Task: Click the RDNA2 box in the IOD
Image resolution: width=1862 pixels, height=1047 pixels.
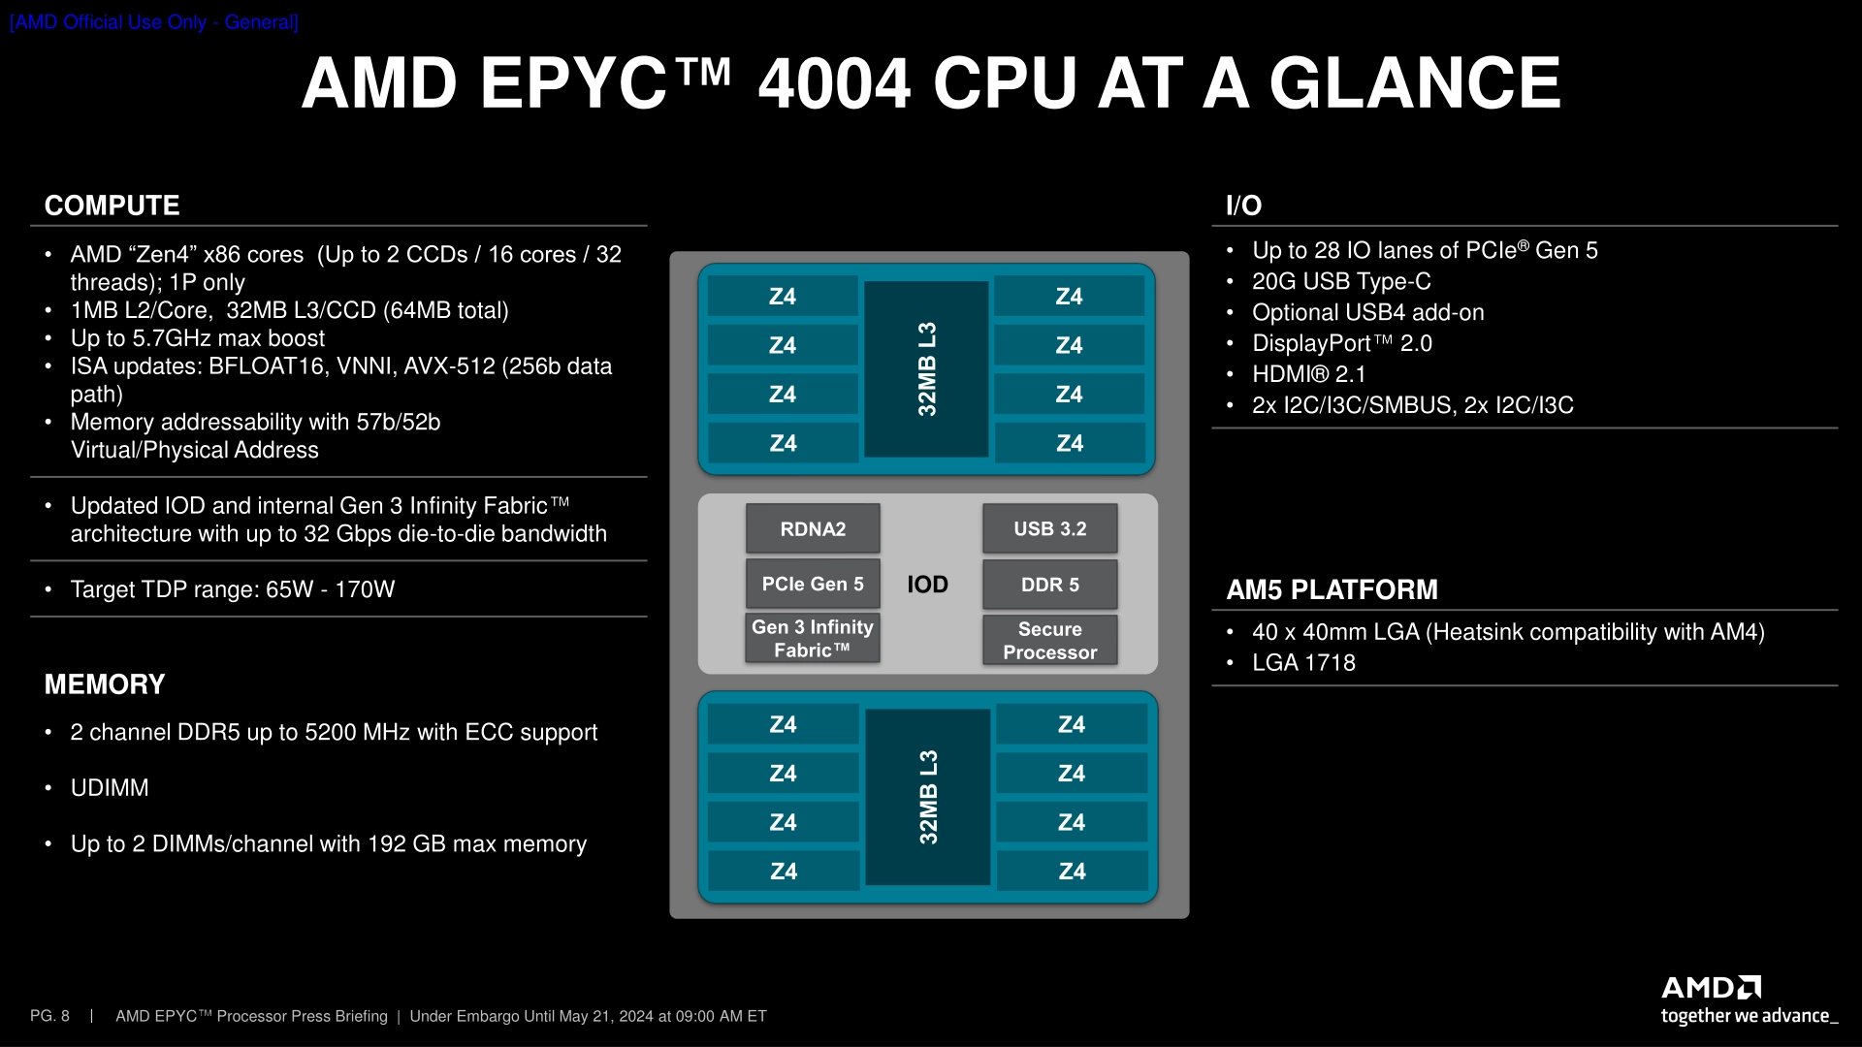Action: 813,529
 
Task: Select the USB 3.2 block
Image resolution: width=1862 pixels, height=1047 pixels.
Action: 1049,529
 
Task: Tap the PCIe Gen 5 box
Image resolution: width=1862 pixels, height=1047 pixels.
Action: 813,585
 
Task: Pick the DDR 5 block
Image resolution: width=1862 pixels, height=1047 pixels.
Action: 1049,585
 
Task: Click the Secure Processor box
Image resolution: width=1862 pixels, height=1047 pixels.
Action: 1049,641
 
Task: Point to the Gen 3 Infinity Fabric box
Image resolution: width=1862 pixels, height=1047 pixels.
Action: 813,639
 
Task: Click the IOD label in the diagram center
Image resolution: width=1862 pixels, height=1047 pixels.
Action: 927,585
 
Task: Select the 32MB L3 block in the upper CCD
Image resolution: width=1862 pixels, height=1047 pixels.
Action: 926,369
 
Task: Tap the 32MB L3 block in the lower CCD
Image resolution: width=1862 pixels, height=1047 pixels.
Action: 927,797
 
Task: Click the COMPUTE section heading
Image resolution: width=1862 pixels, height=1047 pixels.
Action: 112,206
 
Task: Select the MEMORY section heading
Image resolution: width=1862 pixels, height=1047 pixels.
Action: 105,684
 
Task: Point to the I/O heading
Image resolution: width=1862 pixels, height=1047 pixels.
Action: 1243,206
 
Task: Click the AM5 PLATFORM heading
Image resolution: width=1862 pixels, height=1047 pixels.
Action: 1332,589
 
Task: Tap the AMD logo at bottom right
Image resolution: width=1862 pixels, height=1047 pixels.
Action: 1711,988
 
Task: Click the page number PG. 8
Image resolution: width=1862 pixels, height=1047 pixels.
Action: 49,1016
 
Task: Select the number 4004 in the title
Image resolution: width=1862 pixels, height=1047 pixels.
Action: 834,83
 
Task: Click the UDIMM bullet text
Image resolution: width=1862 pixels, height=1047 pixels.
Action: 110,788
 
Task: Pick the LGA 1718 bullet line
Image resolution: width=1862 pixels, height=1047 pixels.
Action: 1303,663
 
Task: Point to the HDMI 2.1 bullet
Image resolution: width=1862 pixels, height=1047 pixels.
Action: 1308,374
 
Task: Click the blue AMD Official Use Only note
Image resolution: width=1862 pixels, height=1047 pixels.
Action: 154,22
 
